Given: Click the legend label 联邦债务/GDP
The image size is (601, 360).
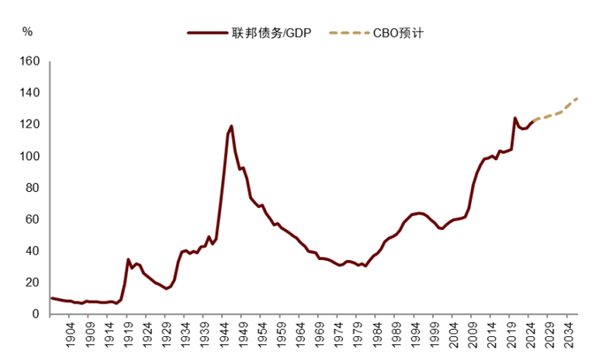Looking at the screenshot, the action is point(271,33).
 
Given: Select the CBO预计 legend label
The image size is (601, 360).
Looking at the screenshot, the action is point(399,33).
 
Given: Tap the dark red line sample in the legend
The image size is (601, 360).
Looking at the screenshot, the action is point(208,33).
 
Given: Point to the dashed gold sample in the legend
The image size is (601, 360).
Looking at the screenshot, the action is point(349,33).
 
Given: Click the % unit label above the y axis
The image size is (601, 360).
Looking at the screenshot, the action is point(27,32).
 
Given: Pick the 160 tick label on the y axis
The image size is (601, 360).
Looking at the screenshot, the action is point(29,61).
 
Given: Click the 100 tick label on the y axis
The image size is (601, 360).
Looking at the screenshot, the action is point(29,156).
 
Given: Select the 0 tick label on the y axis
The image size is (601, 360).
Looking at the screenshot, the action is point(35,313).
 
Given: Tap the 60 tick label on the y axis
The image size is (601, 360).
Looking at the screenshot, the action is point(33,219).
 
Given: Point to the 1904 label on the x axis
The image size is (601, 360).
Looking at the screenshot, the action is point(71,334).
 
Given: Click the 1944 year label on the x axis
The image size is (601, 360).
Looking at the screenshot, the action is point(224,334).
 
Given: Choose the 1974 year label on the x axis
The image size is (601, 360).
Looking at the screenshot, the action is point(339,334).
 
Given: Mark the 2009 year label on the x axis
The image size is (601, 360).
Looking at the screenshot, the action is point(473,334).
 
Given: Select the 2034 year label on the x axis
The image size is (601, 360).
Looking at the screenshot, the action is point(569,334).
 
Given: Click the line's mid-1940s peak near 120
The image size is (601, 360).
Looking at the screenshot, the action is point(232,126).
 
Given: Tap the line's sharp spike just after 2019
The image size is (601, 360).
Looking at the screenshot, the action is point(514,118).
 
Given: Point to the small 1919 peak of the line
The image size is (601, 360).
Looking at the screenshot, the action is point(128,259).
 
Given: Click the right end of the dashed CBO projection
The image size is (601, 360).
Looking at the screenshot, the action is point(577,99).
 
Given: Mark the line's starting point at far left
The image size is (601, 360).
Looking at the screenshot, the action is point(51,298).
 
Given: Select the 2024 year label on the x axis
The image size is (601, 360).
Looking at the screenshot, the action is point(530,334).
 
